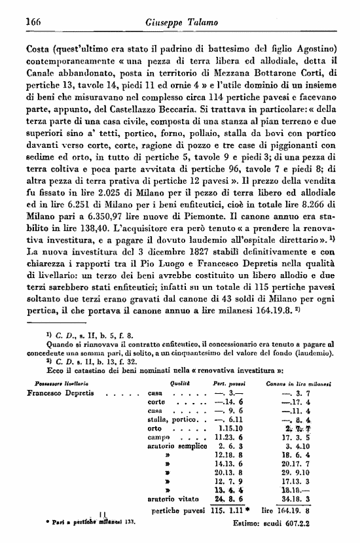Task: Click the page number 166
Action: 33,23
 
